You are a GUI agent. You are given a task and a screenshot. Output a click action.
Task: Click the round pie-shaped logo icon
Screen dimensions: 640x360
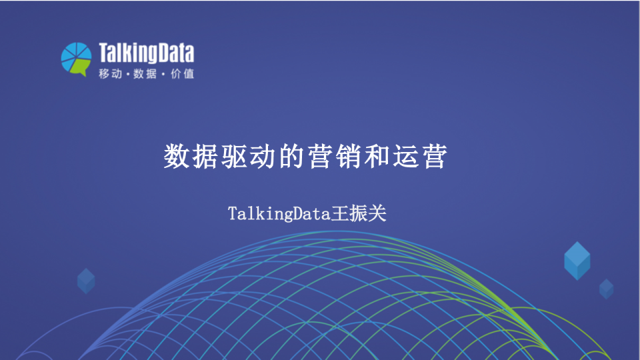[x=76, y=59]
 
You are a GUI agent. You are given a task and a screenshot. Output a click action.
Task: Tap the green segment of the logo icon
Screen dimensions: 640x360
[x=80, y=67]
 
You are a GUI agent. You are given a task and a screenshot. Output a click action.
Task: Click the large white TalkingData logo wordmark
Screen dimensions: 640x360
[x=147, y=53]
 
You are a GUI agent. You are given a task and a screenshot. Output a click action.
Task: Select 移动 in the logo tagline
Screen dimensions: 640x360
[x=110, y=73]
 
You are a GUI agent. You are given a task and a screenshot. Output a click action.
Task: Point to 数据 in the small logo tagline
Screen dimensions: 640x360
[x=145, y=73]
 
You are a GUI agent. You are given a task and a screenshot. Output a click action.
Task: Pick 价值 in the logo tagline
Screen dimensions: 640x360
[x=183, y=73]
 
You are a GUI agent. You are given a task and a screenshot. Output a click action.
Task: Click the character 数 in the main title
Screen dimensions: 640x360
[x=177, y=156]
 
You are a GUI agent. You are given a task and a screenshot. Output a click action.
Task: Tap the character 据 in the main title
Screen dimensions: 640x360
[x=205, y=156]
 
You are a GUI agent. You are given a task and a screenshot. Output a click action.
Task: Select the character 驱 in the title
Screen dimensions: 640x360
[x=234, y=156]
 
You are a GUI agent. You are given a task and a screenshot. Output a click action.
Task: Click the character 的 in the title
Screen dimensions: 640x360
[x=291, y=156]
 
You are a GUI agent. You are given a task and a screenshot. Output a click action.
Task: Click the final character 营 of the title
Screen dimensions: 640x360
[x=435, y=156]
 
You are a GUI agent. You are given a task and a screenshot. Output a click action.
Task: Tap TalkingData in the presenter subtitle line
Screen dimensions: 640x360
[x=279, y=214]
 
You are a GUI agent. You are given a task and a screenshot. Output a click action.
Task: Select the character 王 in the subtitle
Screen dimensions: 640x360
[x=339, y=213]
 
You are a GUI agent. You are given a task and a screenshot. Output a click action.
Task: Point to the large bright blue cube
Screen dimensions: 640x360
[x=577, y=261]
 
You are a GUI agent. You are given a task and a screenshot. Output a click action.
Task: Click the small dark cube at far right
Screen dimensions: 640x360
[x=606, y=289]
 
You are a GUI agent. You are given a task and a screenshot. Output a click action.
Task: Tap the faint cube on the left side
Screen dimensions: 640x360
[x=86, y=281]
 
